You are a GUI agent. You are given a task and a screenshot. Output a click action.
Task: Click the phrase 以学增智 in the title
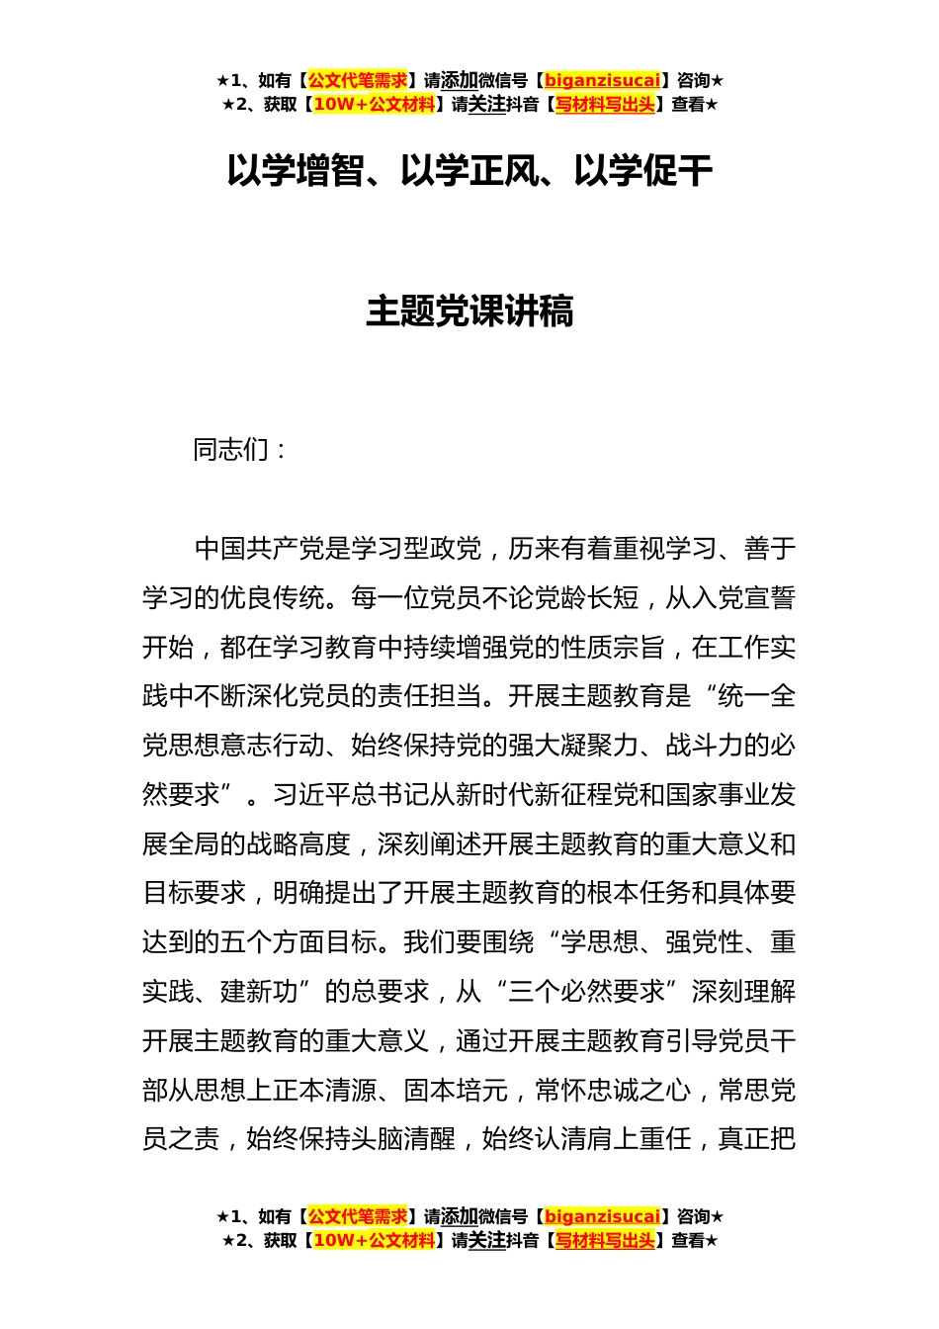coord(295,171)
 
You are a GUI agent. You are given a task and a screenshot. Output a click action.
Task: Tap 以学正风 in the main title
coord(469,171)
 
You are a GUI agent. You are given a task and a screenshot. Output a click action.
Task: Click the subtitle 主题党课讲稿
coord(469,311)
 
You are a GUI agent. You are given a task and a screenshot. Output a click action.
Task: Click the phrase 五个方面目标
coord(299,942)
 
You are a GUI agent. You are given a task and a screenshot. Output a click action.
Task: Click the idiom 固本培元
coord(456,1091)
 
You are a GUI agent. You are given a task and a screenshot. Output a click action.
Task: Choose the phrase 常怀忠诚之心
coord(613,1091)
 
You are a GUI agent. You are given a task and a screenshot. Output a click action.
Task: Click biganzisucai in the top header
coord(602,81)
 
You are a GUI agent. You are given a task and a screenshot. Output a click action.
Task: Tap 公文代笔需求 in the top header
coord(358,81)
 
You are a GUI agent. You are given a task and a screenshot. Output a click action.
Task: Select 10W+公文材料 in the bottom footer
coord(374,1240)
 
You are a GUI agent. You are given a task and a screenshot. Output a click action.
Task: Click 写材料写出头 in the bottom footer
coord(605,1240)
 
